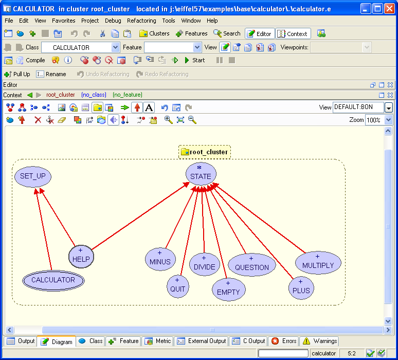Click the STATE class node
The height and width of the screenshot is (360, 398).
click(201, 174)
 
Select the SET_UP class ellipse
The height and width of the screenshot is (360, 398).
click(33, 176)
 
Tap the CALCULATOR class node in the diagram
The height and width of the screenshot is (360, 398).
click(53, 280)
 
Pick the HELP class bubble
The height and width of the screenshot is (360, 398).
click(81, 257)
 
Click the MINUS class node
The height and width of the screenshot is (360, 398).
click(160, 259)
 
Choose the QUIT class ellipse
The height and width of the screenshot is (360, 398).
click(177, 286)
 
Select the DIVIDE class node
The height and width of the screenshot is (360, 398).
click(204, 264)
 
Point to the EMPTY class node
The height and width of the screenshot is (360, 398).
click(228, 289)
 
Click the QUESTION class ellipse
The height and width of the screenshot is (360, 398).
click(251, 265)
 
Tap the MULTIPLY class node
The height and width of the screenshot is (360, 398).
click(318, 263)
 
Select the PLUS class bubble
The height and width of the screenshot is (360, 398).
click(301, 287)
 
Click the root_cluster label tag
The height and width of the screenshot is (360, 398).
click(205, 152)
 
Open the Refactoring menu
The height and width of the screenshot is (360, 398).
click(141, 21)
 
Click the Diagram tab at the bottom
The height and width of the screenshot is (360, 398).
click(57, 341)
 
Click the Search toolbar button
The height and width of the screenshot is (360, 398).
click(227, 33)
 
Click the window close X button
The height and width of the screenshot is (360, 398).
click(389, 9)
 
